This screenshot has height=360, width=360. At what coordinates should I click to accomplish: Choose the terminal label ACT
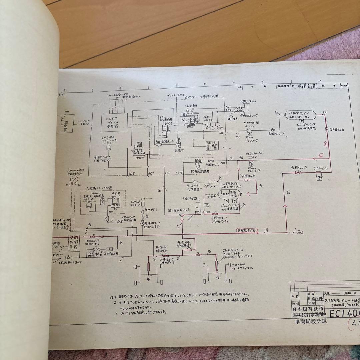click(151, 173)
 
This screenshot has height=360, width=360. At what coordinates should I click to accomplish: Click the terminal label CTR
click(179, 173)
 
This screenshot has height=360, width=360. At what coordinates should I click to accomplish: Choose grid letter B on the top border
click(92, 90)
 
